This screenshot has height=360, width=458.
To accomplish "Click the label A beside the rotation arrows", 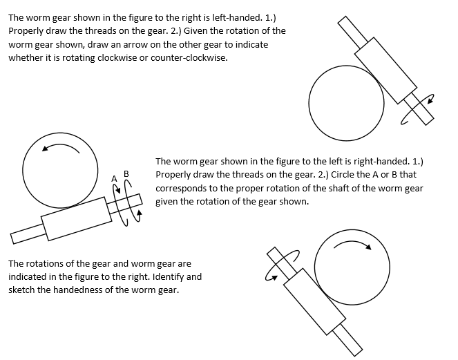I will [x=115, y=178].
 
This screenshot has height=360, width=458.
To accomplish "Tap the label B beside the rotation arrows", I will [x=126, y=173].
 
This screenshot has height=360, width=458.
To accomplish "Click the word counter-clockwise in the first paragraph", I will [x=188, y=58].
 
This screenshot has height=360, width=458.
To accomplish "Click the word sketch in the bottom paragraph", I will [x=23, y=290].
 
